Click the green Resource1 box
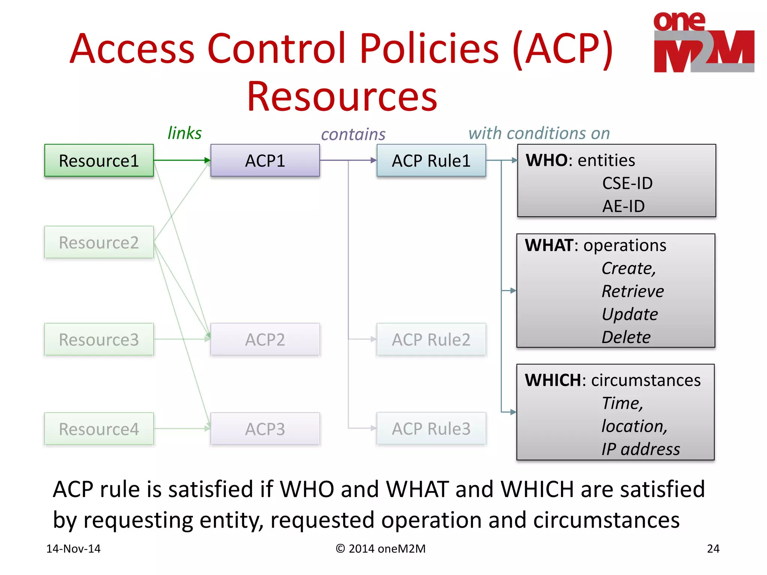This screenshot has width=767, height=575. point(99,161)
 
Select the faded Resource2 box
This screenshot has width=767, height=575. point(99,243)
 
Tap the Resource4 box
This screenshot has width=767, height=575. point(99,429)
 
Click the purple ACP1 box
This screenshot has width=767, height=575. point(265,161)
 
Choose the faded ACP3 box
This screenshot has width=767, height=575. point(265,429)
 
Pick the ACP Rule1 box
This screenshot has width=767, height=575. point(431,161)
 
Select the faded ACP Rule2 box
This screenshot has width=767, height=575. point(431,340)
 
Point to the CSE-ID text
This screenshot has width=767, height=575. point(627,183)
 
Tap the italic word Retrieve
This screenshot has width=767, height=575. point(633,291)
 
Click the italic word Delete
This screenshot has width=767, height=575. point(626,337)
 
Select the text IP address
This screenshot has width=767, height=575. point(640,449)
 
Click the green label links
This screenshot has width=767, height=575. point(184,133)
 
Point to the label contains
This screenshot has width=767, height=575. point(353,134)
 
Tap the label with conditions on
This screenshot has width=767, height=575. point(539,133)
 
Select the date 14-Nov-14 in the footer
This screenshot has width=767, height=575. point(73,549)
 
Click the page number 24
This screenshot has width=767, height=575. point(713,549)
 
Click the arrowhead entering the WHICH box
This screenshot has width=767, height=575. point(513,412)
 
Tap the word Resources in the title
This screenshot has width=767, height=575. point(342,97)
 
